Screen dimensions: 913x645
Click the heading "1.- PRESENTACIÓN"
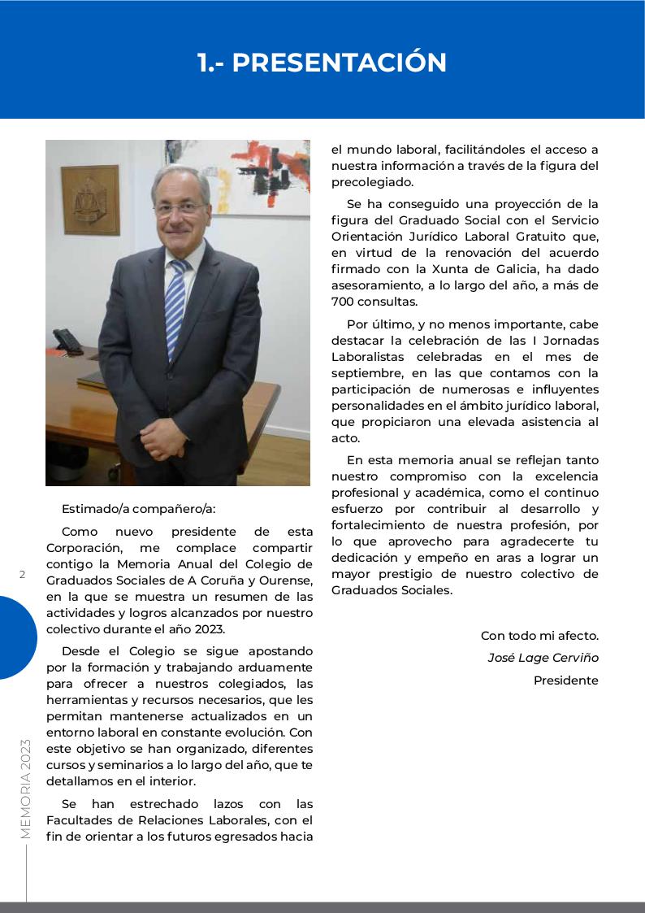click(x=322, y=63)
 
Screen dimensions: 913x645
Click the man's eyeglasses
click(x=180, y=208)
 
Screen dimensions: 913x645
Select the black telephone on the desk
click(x=67, y=340)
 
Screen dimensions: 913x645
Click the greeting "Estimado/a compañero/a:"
click(x=139, y=510)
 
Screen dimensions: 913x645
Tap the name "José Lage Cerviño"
click(x=543, y=658)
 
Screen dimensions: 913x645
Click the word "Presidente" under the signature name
click(x=565, y=680)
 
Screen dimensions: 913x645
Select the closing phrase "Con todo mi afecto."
click(x=539, y=636)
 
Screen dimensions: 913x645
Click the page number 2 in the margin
click(x=23, y=575)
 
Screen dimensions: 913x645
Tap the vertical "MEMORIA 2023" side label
click(x=25, y=789)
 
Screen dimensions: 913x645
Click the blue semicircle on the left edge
click(x=16, y=637)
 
